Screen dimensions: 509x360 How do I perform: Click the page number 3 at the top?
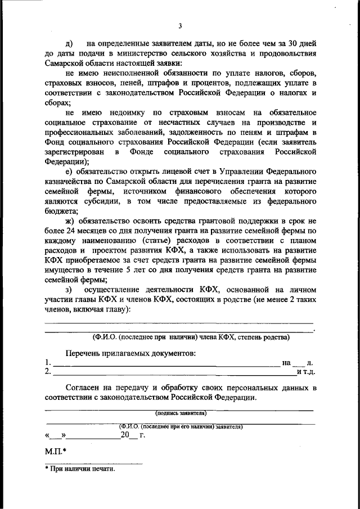[180, 25]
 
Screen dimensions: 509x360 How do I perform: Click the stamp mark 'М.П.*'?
[55, 451]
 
